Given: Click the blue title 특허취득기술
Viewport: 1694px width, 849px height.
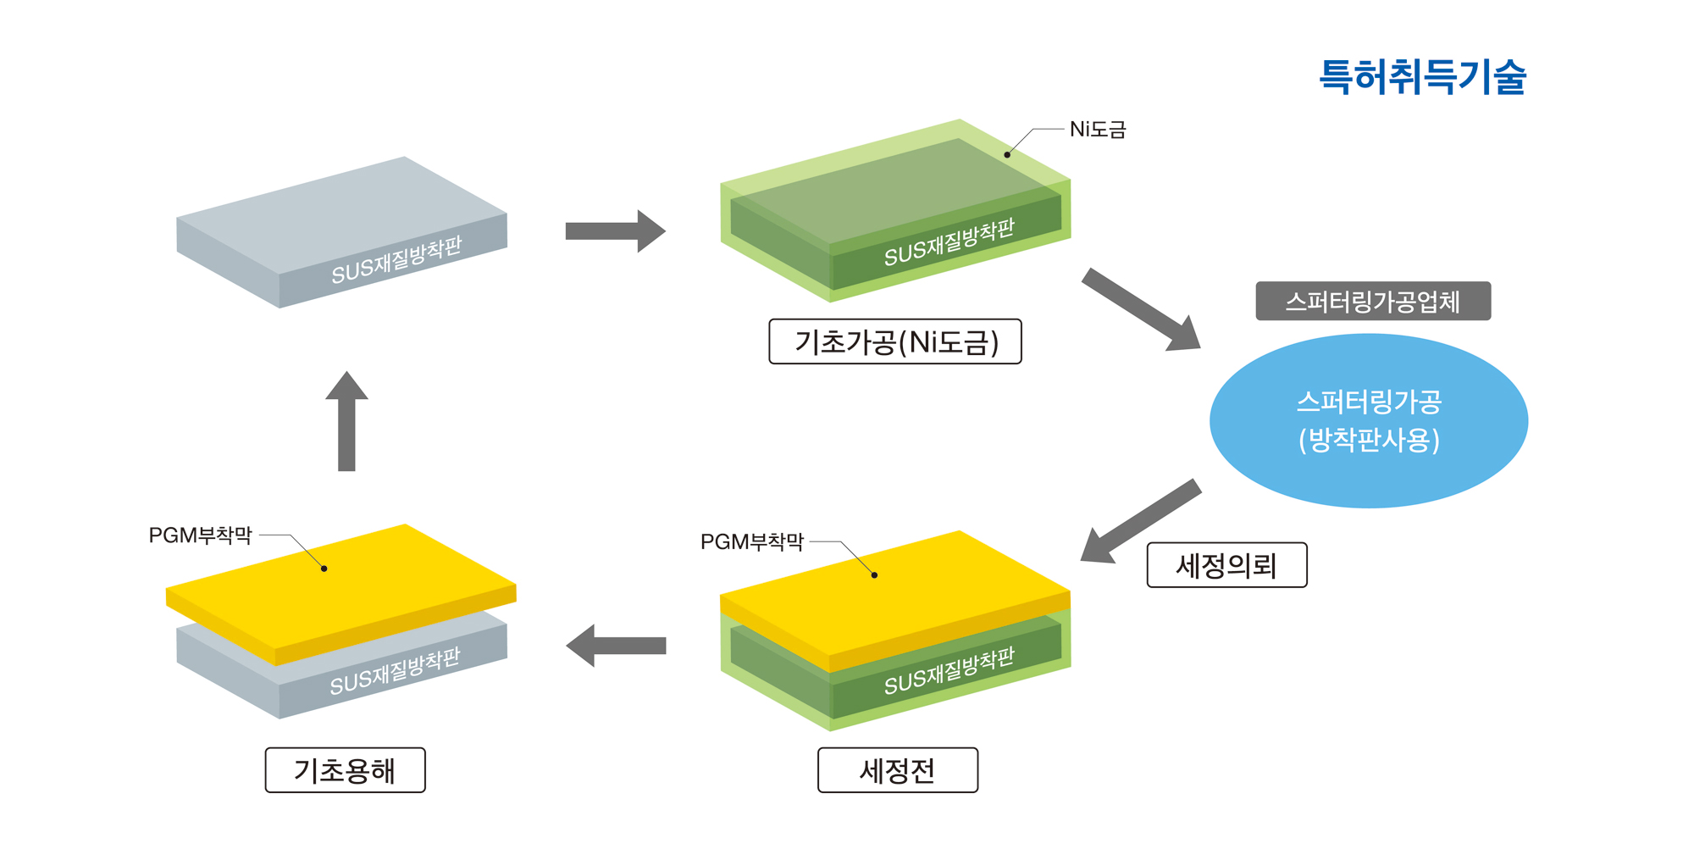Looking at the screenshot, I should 1422,77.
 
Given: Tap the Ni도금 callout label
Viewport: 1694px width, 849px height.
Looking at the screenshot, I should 1097,130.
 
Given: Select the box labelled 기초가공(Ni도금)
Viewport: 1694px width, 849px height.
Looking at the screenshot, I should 894,342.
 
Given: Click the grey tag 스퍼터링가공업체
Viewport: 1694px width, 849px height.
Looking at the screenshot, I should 1372,302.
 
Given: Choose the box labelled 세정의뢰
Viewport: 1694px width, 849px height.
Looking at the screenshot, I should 1226,565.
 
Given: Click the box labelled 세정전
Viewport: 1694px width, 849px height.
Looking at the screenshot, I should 897,770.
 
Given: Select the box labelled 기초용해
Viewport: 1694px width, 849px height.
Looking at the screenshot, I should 345,770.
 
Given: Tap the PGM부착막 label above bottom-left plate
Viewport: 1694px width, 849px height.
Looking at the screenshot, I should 200,535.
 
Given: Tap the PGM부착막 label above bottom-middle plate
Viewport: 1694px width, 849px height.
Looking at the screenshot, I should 751,541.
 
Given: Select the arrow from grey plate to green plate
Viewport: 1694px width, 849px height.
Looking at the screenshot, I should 615,231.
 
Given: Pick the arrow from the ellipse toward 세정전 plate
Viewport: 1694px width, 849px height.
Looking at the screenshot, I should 1140,521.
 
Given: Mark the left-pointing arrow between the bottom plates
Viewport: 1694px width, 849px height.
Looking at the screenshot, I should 616,646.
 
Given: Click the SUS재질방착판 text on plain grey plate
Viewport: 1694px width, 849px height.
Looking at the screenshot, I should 396,260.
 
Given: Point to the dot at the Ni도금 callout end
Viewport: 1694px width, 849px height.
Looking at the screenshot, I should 1007,155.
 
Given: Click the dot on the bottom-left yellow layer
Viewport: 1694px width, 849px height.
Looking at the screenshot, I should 324,569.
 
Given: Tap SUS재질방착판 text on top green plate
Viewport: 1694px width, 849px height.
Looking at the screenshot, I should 949,242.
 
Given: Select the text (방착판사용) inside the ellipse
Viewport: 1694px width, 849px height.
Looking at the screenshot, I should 1368,441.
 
